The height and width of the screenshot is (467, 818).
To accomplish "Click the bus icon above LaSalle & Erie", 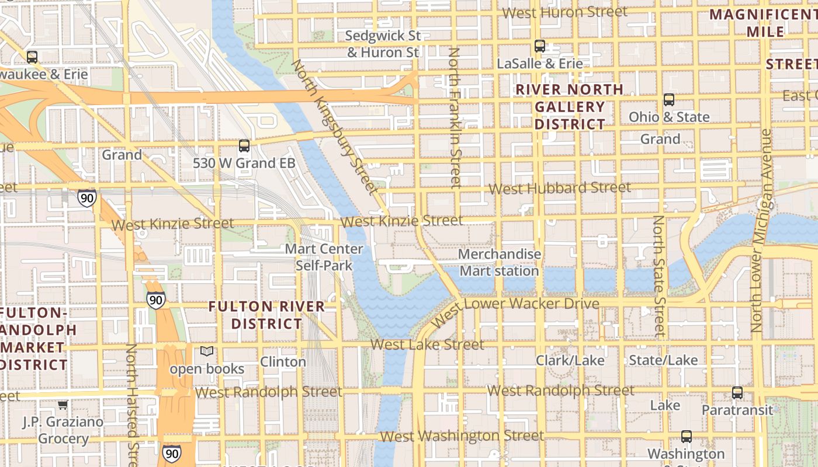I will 540,46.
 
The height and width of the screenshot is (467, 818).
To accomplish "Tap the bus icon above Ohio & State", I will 669,100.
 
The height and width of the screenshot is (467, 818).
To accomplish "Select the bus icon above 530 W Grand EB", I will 244,146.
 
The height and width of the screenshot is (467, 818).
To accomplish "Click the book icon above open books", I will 207,351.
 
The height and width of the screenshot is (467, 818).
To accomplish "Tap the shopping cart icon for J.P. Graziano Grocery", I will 63,404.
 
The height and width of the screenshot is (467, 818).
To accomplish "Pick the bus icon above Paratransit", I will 737,393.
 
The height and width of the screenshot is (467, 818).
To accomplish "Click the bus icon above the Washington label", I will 687,437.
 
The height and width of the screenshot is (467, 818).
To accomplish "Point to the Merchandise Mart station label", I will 499,263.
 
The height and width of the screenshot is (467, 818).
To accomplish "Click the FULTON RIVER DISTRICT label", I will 266,315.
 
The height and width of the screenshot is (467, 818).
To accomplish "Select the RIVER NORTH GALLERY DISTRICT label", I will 570,107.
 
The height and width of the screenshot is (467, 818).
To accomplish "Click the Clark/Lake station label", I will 570,360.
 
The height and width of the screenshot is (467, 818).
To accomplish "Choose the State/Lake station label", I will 663,360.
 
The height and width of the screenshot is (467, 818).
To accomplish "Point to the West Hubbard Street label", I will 559,188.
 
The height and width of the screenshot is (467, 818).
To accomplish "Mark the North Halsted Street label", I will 132,403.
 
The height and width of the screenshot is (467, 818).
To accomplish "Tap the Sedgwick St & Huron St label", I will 383,44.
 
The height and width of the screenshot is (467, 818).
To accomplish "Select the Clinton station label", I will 283,361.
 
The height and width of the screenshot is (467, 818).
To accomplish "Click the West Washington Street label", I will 462,436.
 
